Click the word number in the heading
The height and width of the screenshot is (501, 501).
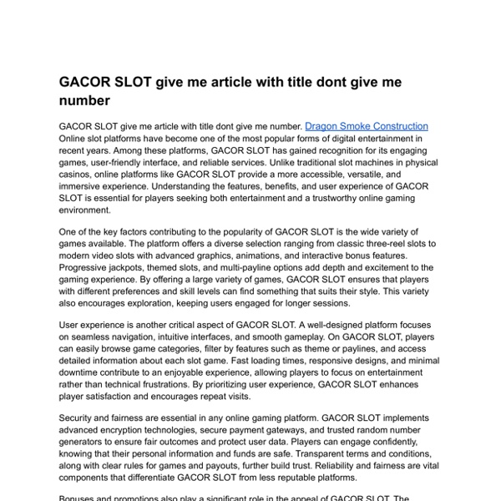(84, 100)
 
